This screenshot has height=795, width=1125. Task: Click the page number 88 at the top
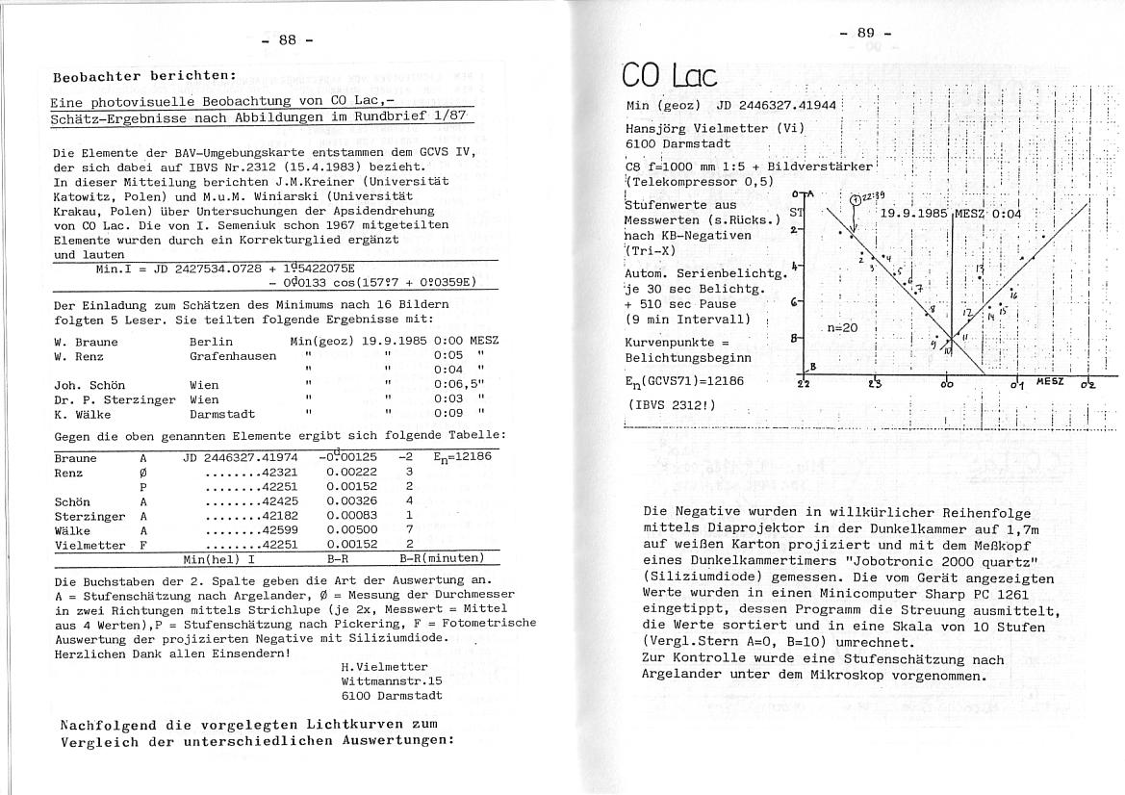(x=288, y=39)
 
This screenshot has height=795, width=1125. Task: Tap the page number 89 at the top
(x=866, y=34)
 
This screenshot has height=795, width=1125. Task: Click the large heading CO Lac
(x=671, y=76)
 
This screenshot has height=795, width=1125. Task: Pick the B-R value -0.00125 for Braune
(x=352, y=457)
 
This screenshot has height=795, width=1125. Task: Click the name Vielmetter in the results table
(x=90, y=545)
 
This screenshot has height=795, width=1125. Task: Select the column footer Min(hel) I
(x=219, y=558)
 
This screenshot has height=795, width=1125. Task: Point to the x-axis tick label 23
(x=874, y=384)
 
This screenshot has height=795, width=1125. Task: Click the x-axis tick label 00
(x=947, y=384)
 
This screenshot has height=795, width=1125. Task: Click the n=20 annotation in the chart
(x=842, y=328)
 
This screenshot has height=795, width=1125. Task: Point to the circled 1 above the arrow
(x=856, y=200)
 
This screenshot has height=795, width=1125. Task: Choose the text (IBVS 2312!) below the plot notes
(x=671, y=403)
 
